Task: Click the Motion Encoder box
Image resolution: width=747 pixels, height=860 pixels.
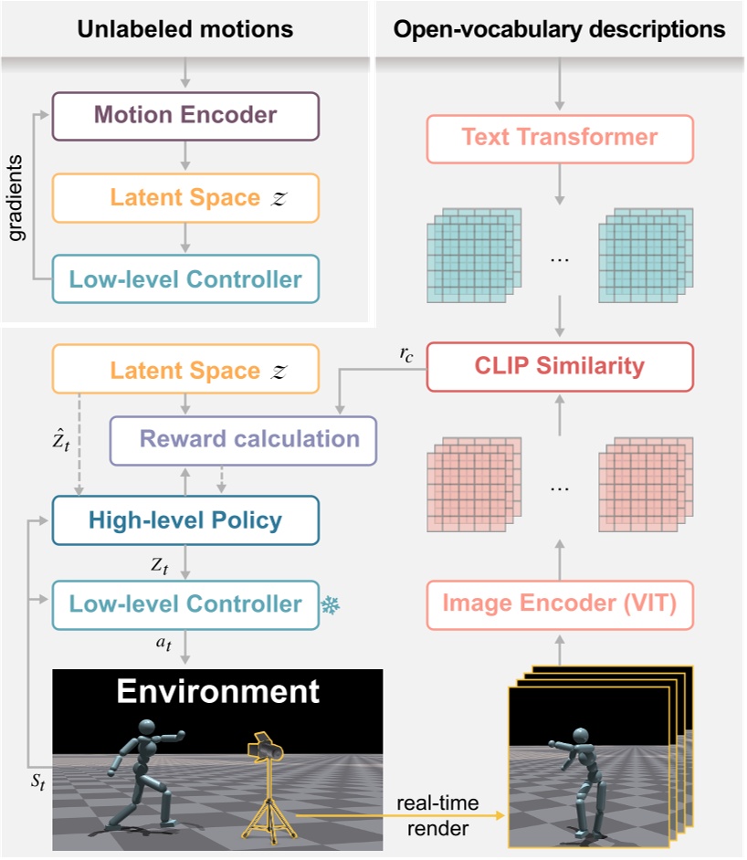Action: pyautogui.click(x=186, y=116)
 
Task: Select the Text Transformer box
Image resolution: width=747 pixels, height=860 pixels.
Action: pyautogui.click(x=560, y=138)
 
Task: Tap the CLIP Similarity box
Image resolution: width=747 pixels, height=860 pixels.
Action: pyautogui.click(x=560, y=367)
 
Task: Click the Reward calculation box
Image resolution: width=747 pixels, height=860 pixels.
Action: pyautogui.click(x=243, y=440)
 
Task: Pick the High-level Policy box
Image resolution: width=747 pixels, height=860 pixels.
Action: pyautogui.click(x=186, y=520)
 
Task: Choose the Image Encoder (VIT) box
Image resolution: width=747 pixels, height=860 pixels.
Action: pyautogui.click(x=560, y=603)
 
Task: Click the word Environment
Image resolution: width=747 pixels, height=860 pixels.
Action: pyautogui.click(x=216, y=691)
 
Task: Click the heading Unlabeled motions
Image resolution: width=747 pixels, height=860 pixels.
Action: pyautogui.click(x=185, y=29)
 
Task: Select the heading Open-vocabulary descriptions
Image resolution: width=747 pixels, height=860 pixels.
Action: pyautogui.click(x=559, y=29)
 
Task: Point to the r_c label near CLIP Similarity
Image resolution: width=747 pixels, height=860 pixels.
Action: pyautogui.click(x=406, y=356)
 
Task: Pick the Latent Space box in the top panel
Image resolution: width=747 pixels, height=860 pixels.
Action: pyautogui.click(x=186, y=198)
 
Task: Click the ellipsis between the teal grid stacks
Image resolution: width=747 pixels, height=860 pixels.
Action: pyautogui.click(x=560, y=260)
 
